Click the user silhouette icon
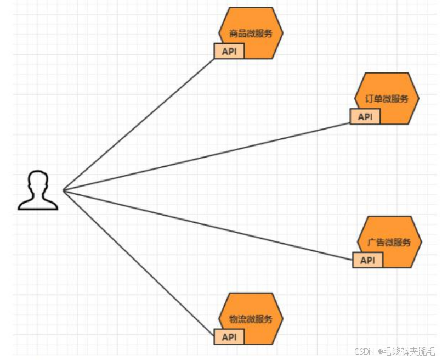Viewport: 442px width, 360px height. point(37,190)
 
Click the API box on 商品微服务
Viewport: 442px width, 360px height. point(229,52)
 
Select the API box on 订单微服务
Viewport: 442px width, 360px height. point(365,117)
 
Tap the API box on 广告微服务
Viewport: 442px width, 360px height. point(367,260)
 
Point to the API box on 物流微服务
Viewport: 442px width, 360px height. point(229,336)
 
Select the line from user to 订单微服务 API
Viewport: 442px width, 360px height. point(206,157)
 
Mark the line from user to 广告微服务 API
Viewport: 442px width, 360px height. point(208,225)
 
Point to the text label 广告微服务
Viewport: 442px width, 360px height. point(390,243)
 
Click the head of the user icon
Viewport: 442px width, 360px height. point(38,181)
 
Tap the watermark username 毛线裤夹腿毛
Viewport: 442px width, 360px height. point(409,351)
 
